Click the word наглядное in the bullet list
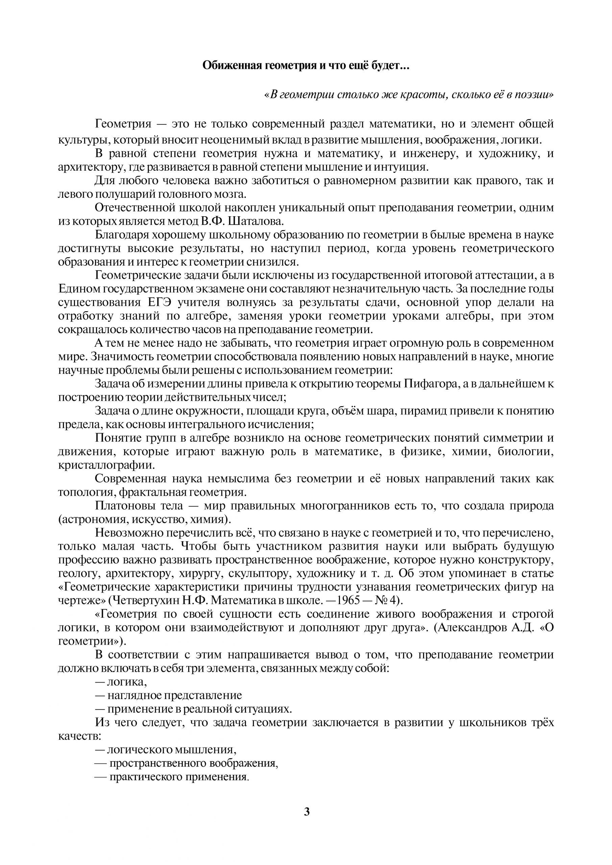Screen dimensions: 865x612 pyautogui.click(x=132, y=695)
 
